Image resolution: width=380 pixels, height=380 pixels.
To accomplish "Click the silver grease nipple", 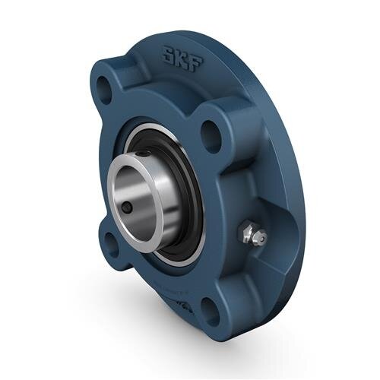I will pos(249,233).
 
